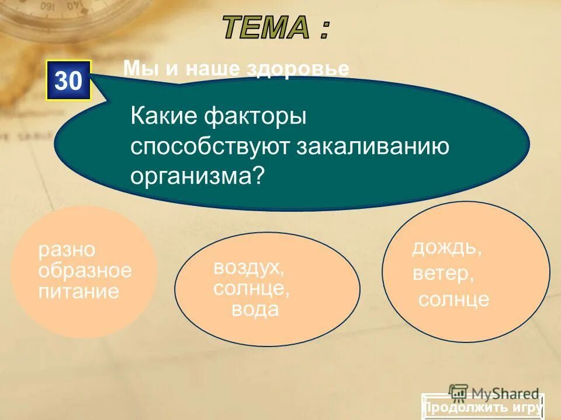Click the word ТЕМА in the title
click(266, 27)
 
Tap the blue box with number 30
click(69, 80)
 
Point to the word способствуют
click(211, 146)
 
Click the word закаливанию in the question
click(374, 146)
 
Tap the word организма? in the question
click(198, 174)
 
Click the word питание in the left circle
click(78, 290)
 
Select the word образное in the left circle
click(85, 271)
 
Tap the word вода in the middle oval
click(255, 309)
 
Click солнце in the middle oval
click(252, 288)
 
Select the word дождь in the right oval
click(447, 247)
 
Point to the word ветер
click(442, 273)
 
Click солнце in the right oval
click(453, 299)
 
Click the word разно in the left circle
click(67, 250)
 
